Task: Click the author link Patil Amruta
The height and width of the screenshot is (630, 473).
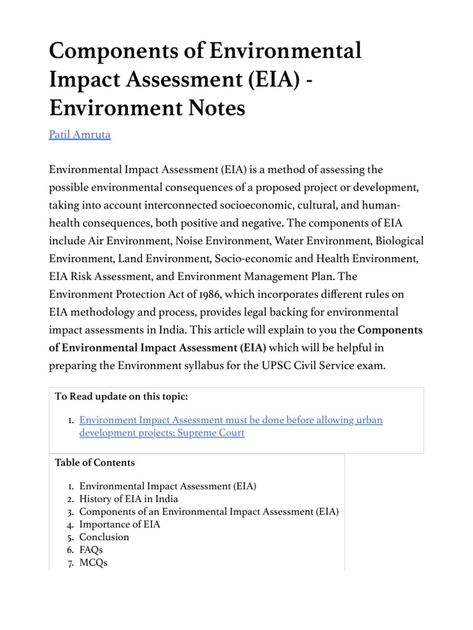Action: point(79,135)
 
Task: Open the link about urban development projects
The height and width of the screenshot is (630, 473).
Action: point(231,420)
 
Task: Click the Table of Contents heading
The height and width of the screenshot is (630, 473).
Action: point(94,462)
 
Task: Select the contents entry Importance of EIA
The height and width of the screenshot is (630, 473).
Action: point(119,524)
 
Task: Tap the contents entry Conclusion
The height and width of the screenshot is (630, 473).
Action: point(104,536)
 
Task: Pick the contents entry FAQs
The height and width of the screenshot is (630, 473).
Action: point(91,549)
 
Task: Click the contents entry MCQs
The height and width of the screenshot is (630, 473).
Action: point(93,562)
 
